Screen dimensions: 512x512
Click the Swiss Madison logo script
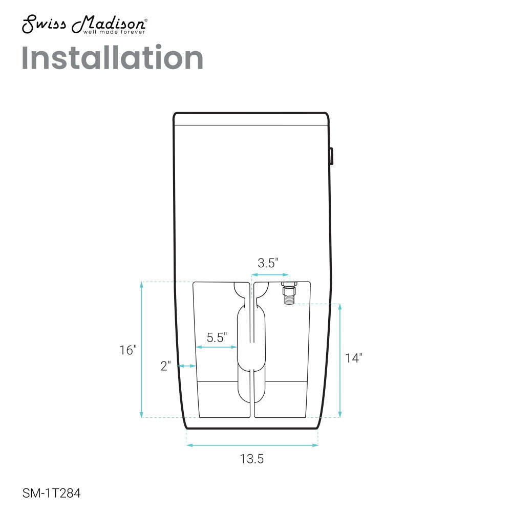84,24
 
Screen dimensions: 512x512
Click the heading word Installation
113,58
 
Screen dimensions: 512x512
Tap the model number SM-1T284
52,494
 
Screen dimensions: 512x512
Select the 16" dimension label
128,351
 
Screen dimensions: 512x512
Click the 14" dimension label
353,358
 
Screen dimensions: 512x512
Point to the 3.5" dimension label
268,264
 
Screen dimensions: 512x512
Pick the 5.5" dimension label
217,337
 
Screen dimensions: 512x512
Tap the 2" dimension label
165,366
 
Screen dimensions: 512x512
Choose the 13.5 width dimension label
252,459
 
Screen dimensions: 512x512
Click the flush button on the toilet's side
332,156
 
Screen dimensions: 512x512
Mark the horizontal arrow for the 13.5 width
252,445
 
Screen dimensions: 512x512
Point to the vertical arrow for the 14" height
340,360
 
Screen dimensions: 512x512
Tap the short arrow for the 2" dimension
187,366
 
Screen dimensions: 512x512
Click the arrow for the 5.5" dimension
217,347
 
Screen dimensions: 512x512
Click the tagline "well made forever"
114,32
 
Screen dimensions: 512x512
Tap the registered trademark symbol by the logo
147,21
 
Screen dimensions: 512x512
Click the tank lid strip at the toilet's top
250,119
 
